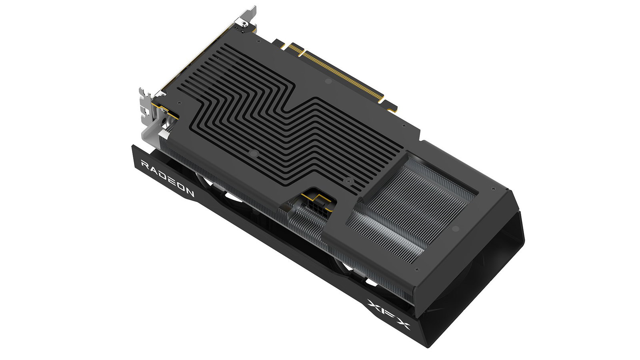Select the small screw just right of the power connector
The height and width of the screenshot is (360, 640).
coord(348,180)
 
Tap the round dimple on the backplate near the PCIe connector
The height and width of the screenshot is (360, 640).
coord(328,82)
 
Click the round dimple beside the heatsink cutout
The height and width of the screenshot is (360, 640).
coord(455,229)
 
